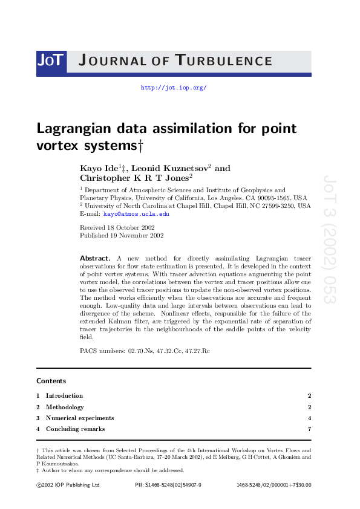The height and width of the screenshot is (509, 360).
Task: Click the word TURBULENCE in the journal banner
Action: pyautogui.click(x=224, y=60)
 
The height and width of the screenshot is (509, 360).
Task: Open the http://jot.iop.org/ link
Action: pyautogui.click(x=174, y=88)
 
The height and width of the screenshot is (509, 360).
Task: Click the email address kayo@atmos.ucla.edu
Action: pyautogui.click(x=136, y=214)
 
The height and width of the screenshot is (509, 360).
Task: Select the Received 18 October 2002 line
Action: pyautogui.click(x=118, y=227)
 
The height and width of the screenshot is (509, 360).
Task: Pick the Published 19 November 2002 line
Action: pyautogui.click(x=122, y=236)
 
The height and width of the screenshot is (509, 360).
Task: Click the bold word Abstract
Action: pyautogui.click(x=95, y=258)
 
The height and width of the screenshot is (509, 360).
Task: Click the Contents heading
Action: pyautogui.click(x=51, y=381)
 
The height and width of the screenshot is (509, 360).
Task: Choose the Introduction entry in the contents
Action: pyautogui.click(x=64, y=396)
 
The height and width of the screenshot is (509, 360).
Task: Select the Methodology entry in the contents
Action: pyautogui.click(x=65, y=407)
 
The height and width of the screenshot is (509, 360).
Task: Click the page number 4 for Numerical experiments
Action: pyautogui.click(x=309, y=418)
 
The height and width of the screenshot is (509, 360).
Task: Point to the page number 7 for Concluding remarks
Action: pyautogui.click(x=309, y=429)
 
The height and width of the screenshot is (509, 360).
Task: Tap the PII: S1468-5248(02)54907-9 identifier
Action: pyautogui.click(x=168, y=485)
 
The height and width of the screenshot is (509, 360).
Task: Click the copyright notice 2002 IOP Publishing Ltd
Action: pyautogui.click(x=68, y=485)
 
